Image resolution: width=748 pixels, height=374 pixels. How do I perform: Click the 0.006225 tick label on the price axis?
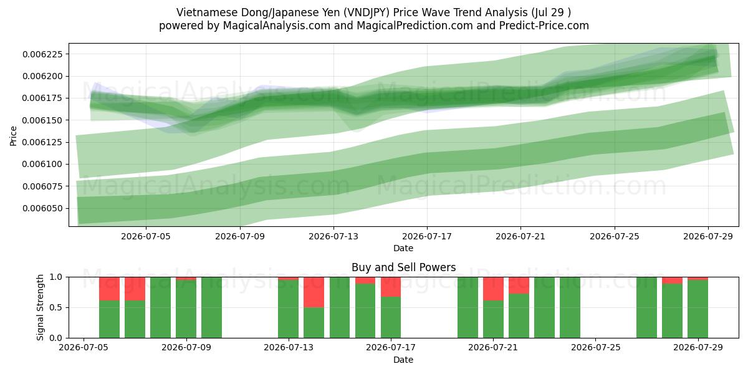[x=42, y=54]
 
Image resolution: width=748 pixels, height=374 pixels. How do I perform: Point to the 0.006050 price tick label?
[x=42, y=208]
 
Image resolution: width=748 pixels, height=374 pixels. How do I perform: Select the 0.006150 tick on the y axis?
[x=42, y=120]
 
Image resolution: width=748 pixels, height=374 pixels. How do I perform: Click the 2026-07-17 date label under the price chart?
[x=427, y=236]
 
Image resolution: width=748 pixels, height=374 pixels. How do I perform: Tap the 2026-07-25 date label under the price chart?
[x=615, y=236]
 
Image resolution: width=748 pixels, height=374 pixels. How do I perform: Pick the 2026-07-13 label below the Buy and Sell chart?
[x=289, y=347]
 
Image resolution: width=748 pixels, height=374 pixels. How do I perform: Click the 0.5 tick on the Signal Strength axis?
[x=55, y=307]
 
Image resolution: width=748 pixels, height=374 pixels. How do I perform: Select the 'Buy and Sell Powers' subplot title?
[x=403, y=267]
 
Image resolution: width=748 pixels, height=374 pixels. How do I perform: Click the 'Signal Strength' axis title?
[x=40, y=307]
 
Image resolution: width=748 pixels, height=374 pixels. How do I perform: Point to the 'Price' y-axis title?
[x=13, y=136]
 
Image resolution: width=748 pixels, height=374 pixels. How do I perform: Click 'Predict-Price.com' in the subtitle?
[x=544, y=26]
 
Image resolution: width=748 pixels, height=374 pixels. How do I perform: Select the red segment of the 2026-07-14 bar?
[x=314, y=292]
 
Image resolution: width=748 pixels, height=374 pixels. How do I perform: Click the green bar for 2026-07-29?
[x=698, y=309]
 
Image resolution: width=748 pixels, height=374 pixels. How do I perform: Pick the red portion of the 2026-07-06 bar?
[x=109, y=289]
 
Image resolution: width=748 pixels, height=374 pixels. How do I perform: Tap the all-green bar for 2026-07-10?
[x=211, y=307]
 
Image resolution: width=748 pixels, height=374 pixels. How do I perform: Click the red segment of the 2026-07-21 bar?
[x=493, y=289]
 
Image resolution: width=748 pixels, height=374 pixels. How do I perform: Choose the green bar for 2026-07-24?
[x=570, y=307]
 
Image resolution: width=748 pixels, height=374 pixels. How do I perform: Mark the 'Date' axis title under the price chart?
[x=403, y=248]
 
